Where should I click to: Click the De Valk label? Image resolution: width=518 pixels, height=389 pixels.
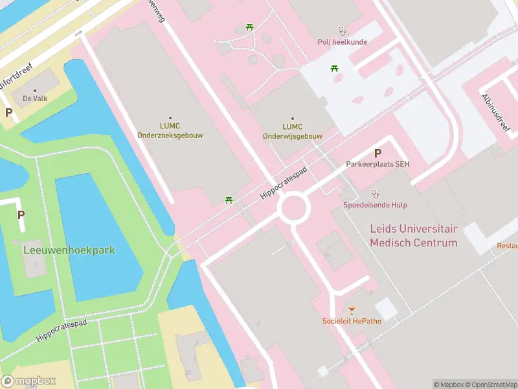pos(35,99)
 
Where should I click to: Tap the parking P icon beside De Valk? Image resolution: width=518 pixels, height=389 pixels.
pos(9,112)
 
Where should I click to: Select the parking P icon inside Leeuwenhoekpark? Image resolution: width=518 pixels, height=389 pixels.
pos(21,215)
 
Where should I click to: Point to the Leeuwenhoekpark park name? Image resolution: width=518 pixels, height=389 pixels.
pos(69,250)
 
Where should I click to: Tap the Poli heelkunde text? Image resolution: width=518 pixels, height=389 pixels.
pos(342,42)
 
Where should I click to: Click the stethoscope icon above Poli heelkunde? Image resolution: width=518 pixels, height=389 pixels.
pos(342,30)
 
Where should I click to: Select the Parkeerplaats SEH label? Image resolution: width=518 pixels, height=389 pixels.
pos(377,164)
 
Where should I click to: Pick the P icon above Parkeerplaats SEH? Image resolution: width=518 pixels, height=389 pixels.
pos(377,153)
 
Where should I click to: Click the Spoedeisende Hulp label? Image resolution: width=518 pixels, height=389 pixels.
pos(375,205)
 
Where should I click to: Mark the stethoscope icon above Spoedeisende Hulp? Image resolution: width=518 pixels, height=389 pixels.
pos(375,193)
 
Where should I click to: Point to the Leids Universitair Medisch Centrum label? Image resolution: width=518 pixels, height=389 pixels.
pos(413,236)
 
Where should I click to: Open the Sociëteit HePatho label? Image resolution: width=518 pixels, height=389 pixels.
pos(352,321)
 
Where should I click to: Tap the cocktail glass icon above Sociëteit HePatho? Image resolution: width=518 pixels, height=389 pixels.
pos(352,310)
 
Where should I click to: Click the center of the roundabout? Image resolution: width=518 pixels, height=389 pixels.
pos(294,209)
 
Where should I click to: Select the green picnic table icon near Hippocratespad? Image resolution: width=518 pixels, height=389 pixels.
pos(229,200)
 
